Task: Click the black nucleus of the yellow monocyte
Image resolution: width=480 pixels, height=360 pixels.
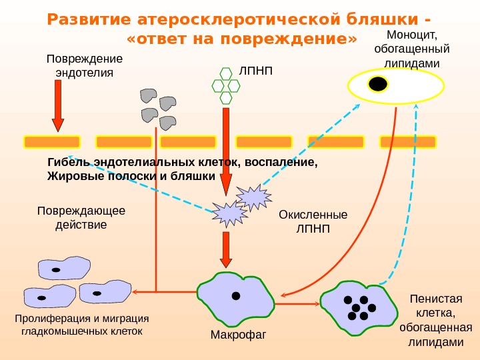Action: click(x=378, y=84)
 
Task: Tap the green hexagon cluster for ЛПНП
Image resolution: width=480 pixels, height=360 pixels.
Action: click(x=225, y=85)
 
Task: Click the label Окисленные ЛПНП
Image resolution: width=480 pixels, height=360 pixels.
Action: click(x=313, y=222)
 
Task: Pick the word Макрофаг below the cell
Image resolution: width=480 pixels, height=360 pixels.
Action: click(x=238, y=333)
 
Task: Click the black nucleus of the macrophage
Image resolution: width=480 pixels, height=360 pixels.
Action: click(x=235, y=296)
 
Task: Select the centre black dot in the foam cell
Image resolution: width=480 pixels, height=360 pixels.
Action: click(x=355, y=308)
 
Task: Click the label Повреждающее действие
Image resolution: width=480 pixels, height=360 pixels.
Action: click(x=81, y=218)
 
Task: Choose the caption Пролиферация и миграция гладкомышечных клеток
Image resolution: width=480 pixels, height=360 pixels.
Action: click(x=82, y=324)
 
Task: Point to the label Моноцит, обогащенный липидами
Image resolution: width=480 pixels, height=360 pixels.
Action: click(x=411, y=49)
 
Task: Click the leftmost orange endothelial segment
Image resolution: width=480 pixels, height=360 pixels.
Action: click(x=52, y=141)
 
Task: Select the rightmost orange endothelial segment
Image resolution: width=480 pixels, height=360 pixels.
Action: click(x=407, y=141)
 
